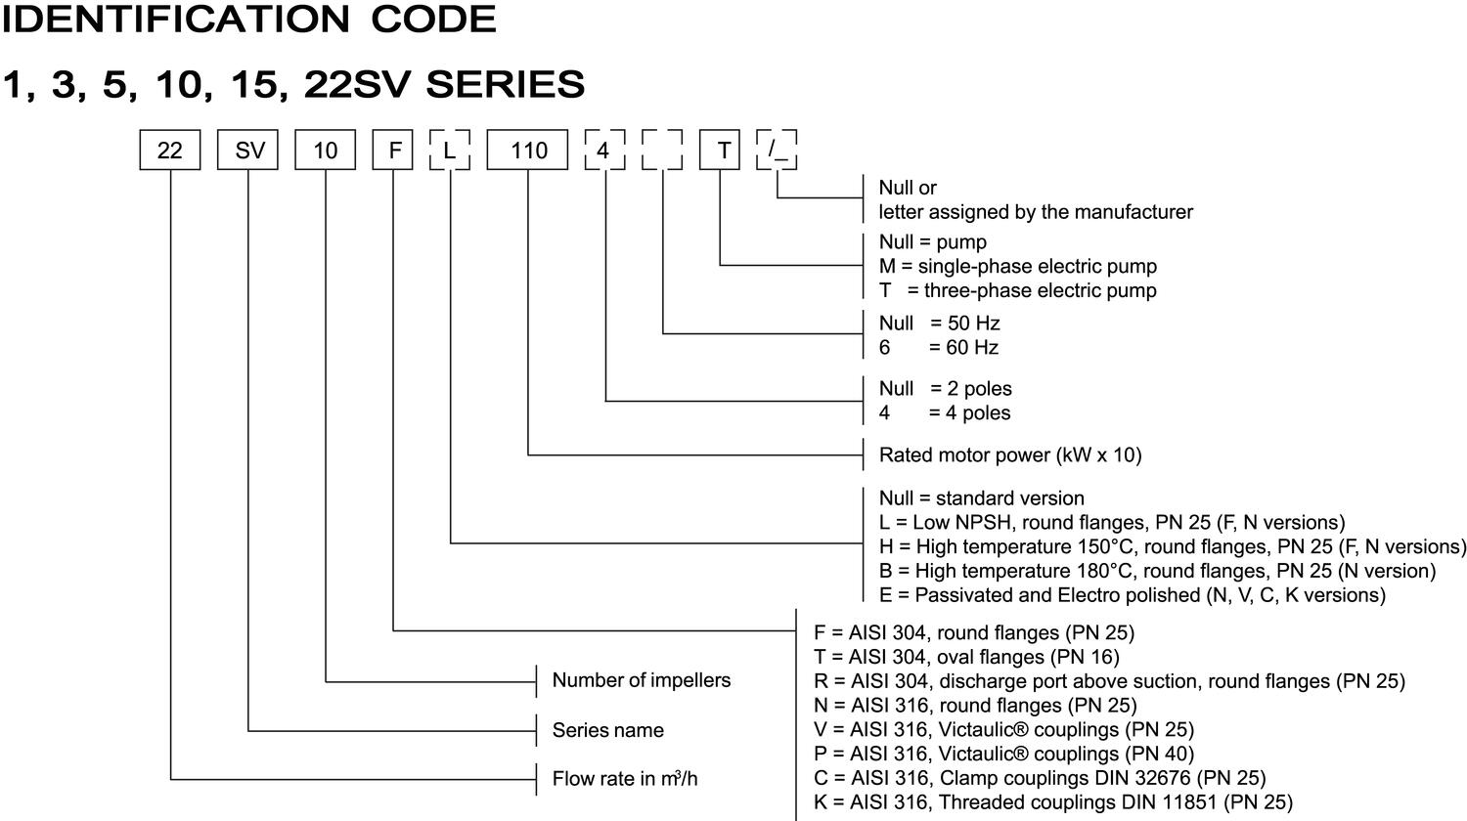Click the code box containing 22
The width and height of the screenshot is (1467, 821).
170,151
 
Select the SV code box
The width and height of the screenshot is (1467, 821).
247,151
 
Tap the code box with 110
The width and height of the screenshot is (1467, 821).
528,151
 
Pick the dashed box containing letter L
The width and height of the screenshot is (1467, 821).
450,151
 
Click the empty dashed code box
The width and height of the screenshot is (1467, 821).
662,151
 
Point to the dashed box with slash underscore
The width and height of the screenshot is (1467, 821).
777,151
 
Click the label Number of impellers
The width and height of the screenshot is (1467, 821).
641,680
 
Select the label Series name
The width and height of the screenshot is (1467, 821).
607,730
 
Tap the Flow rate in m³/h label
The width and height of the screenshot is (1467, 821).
625,779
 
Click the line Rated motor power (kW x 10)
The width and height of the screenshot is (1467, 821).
1009,454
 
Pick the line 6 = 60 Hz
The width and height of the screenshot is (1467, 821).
938,347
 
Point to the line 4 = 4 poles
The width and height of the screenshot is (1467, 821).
944,412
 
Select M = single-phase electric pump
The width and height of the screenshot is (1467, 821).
1017,266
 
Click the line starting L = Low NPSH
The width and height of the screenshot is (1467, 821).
1111,522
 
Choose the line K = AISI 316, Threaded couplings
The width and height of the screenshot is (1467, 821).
1052,802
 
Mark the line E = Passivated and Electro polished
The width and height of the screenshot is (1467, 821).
1132,595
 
